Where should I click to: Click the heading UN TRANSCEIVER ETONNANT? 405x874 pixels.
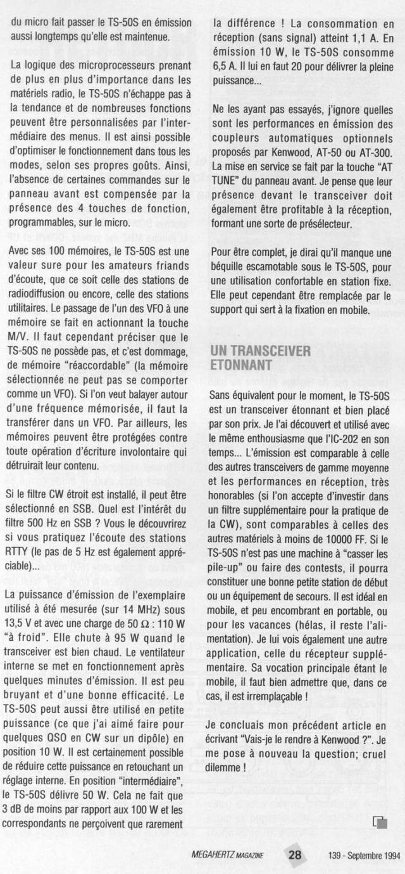[x=259, y=358]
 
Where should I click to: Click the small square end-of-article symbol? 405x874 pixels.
[x=380, y=822]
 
